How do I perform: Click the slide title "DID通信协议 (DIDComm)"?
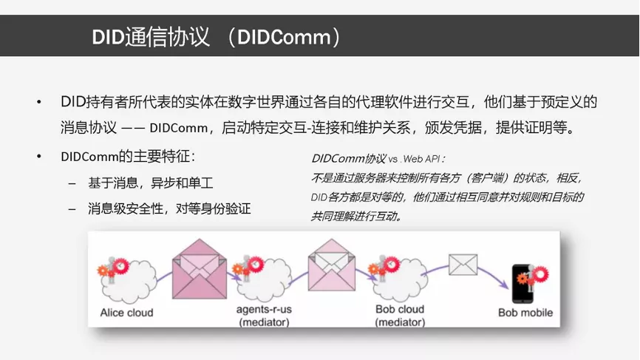(x=216, y=37)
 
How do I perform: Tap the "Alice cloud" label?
(x=126, y=313)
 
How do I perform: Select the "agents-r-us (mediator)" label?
(x=264, y=316)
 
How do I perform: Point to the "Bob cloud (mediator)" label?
(x=400, y=316)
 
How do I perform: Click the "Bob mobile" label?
(x=525, y=313)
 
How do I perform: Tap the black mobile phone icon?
(x=522, y=284)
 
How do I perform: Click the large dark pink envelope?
(x=200, y=269)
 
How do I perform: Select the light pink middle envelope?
(x=331, y=265)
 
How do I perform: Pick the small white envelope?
(x=463, y=265)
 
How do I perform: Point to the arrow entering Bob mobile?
(x=494, y=274)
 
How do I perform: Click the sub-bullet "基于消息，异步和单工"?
(x=151, y=183)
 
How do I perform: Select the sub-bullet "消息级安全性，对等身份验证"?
(x=169, y=208)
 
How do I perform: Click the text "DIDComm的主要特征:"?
(x=128, y=156)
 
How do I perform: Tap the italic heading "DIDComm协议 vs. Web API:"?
(x=378, y=158)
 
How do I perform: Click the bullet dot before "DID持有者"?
(x=39, y=102)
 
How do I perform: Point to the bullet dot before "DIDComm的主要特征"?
(x=39, y=156)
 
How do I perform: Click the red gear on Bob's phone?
(x=540, y=274)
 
